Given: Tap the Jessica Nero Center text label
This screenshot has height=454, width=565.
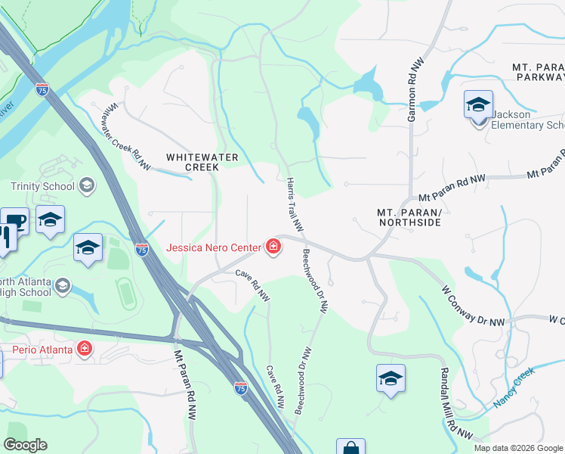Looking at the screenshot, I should point(214,247).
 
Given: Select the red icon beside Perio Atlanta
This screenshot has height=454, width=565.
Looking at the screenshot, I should point(85,349).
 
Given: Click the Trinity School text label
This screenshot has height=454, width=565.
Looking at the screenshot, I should point(42,186).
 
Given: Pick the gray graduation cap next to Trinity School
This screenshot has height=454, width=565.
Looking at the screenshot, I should point(86,185).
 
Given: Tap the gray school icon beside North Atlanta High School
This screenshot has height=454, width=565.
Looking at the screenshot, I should point(63,285).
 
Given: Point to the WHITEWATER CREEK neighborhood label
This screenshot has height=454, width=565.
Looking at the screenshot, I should point(202,162).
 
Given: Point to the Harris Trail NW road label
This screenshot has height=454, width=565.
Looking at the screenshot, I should point(295,204).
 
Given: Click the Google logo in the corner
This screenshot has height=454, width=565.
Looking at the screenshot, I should point(26,445).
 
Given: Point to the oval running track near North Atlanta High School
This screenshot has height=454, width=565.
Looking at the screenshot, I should point(126,294).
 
